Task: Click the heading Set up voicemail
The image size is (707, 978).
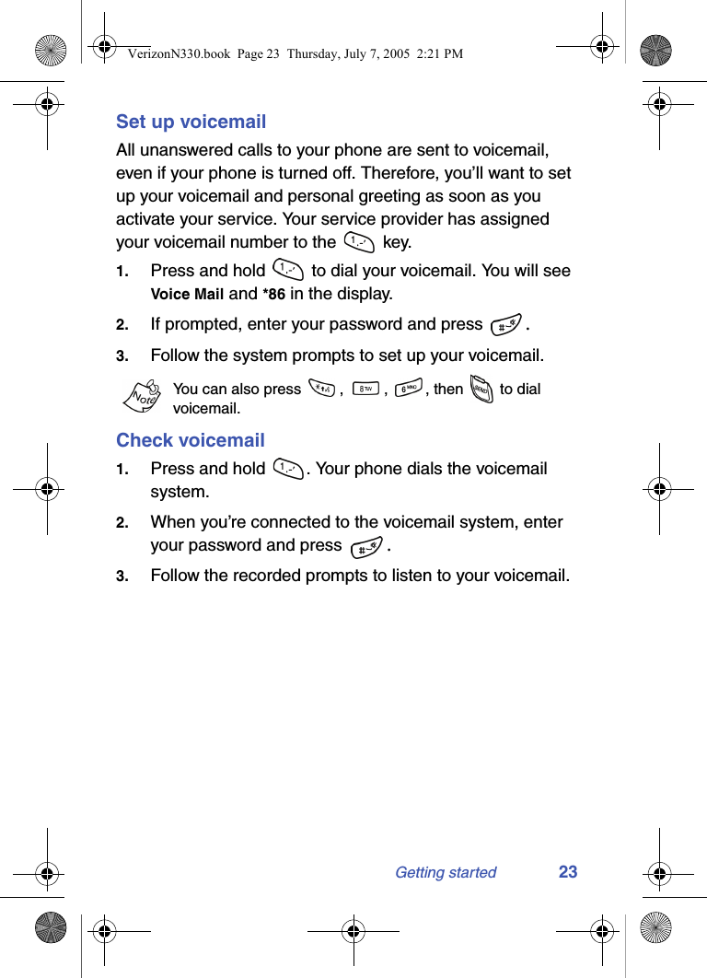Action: click(x=191, y=122)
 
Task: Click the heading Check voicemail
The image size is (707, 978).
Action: click(x=190, y=440)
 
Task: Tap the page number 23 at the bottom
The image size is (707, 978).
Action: click(x=568, y=872)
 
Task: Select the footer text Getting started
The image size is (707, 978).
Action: click(x=446, y=873)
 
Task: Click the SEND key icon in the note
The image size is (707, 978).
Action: click(x=481, y=390)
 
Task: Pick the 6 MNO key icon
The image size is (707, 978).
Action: click(x=409, y=389)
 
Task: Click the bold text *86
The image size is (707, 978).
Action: click(x=273, y=295)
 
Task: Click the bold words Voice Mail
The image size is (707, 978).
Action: click(x=187, y=295)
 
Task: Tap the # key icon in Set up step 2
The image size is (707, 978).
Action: click(x=504, y=325)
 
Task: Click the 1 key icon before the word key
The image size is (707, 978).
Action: click(x=358, y=242)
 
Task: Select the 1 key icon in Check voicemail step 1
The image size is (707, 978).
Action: click(x=288, y=469)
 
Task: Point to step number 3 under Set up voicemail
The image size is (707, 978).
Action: click(x=122, y=356)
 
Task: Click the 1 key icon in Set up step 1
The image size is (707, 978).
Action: click(x=288, y=271)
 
